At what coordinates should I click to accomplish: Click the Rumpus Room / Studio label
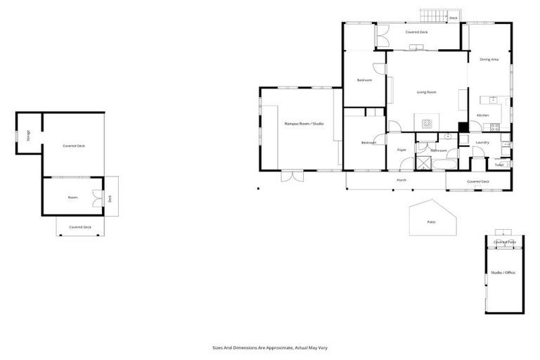(x=304, y=124)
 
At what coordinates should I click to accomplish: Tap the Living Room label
(x=427, y=92)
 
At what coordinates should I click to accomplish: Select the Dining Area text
(x=489, y=60)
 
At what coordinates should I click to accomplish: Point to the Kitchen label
(x=482, y=115)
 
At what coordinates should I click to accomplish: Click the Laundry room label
(x=482, y=142)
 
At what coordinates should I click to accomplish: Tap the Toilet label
(x=499, y=165)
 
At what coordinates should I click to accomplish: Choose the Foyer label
(x=402, y=150)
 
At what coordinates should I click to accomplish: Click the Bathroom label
(x=439, y=150)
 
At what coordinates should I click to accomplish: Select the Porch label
(x=401, y=180)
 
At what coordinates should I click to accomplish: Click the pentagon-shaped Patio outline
(x=432, y=219)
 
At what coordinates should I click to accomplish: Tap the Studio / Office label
(x=503, y=272)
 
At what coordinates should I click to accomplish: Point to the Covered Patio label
(x=504, y=242)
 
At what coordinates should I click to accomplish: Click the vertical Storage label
(x=28, y=136)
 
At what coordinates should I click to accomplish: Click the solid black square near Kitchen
(x=463, y=127)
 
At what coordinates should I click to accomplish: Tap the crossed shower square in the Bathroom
(x=423, y=162)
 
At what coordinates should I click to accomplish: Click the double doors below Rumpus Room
(x=291, y=176)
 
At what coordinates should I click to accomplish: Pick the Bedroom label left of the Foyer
(x=368, y=143)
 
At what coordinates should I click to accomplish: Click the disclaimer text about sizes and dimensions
(x=271, y=347)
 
